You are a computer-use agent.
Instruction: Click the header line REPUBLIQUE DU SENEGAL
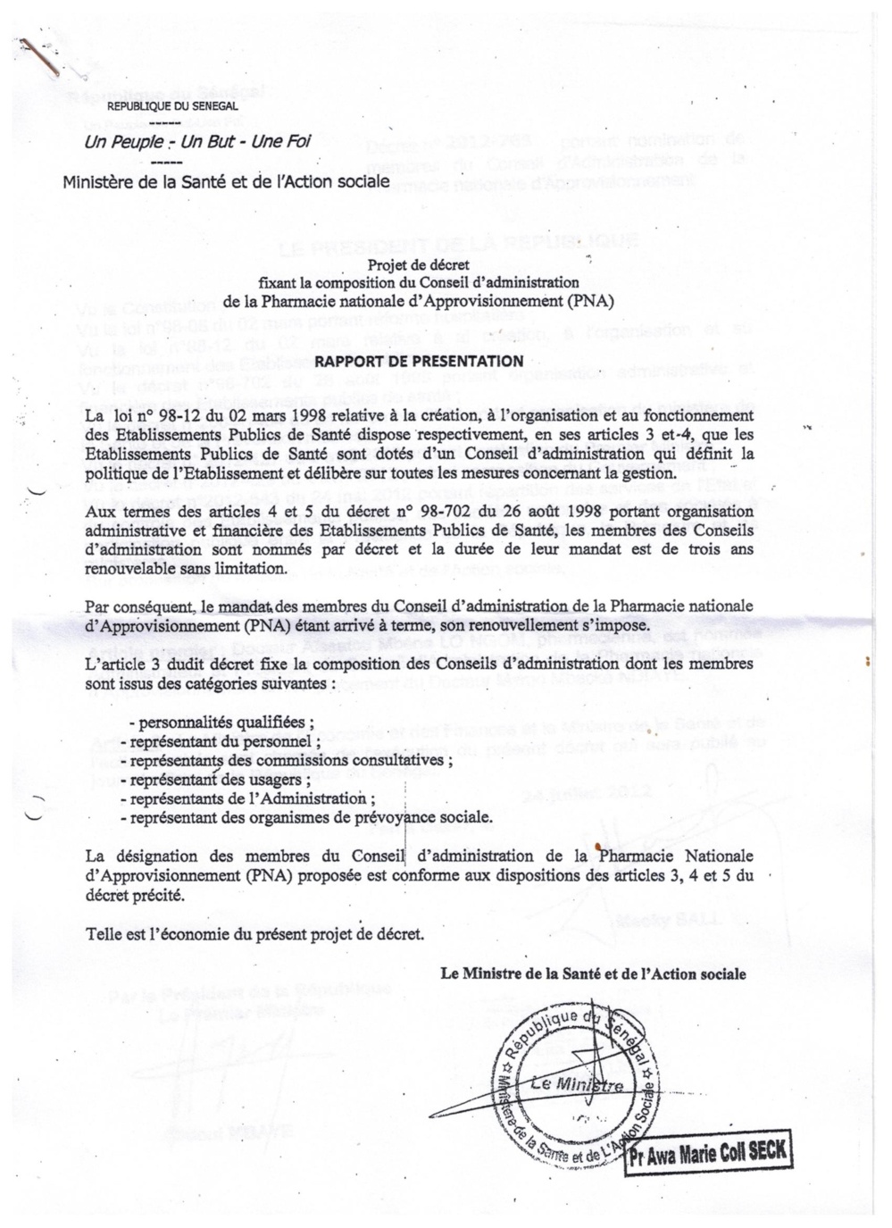(172, 106)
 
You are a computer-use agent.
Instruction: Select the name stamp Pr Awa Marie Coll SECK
(707, 1152)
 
